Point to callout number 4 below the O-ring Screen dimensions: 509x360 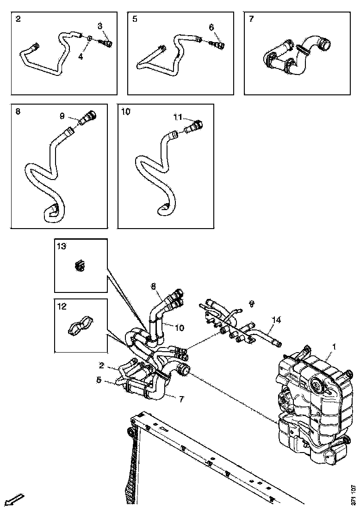[81, 57]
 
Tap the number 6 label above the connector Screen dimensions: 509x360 [211, 27]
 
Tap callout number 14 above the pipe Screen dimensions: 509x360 [276, 320]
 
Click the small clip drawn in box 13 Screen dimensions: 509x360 [80, 266]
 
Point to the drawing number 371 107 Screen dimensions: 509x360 [353, 495]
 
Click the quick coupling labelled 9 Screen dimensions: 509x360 [87, 118]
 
